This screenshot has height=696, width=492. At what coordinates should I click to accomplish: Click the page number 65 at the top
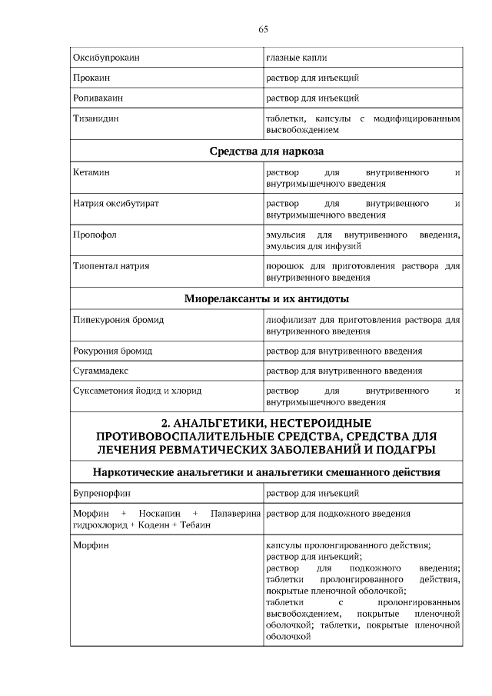(263, 29)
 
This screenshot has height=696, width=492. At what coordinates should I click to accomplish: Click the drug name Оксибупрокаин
(106, 58)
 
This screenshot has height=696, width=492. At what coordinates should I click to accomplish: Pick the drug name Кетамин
(91, 173)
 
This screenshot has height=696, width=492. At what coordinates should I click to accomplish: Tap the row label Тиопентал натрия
(111, 266)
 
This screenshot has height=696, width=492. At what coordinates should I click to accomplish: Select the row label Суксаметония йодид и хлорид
(137, 391)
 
